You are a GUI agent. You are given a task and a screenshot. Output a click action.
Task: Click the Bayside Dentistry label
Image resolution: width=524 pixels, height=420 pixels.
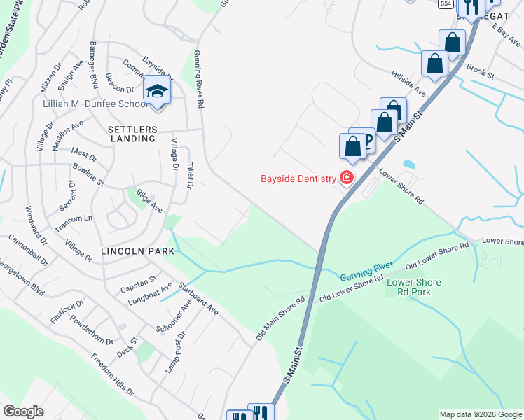(x=298, y=179)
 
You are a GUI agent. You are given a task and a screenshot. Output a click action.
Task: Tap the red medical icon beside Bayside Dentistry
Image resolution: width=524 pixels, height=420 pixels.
(x=346, y=178)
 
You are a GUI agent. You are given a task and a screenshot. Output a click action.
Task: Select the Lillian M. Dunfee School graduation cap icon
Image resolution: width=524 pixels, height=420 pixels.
(x=158, y=92)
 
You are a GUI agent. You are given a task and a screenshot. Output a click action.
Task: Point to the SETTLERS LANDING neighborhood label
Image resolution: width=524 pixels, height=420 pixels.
(x=131, y=134)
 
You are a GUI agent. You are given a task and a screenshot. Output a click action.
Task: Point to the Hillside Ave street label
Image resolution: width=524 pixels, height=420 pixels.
(x=408, y=83)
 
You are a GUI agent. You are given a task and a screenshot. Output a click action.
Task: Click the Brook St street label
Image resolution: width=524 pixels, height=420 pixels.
(x=481, y=71)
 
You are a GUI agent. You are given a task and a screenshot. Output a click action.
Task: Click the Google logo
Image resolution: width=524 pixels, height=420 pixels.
(x=23, y=412)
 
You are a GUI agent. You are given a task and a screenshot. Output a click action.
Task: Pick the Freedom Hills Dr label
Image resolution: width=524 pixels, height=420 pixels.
(x=112, y=381)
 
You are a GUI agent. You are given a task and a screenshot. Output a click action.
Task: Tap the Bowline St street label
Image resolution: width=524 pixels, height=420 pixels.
(x=88, y=175)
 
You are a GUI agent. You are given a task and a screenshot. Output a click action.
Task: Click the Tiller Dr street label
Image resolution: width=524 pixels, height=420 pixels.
(x=189, y=175)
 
